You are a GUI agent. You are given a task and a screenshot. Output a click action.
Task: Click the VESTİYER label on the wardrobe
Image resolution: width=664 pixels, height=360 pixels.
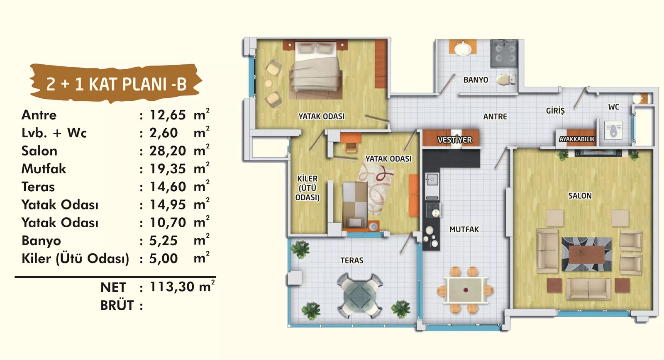click(455, 139)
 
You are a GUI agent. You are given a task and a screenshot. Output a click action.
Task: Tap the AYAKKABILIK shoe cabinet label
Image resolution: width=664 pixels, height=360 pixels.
click(577, 139)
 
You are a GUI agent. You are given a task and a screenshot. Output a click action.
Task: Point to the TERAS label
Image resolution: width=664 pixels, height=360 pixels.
click(352, 260)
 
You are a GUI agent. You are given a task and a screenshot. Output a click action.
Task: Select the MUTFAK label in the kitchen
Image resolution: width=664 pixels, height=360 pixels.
click(464, 229)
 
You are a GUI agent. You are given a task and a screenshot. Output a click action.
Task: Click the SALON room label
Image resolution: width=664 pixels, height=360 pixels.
click(580, 196)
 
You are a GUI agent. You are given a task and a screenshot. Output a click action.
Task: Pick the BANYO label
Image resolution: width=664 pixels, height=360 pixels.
click(476, 80)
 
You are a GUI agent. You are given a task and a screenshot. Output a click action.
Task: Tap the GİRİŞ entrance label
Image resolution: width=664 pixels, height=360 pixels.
click(555, 110)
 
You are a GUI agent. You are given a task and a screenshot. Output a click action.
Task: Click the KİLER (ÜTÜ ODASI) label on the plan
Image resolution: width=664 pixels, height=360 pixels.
click(308, 188)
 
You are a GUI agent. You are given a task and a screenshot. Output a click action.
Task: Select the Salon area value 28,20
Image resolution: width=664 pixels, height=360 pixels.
click(168, 151)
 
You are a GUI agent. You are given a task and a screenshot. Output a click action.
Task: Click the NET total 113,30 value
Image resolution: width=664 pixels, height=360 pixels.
click(172, 287)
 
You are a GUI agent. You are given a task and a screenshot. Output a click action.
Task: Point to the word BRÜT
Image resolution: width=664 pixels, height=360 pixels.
click(117, 306)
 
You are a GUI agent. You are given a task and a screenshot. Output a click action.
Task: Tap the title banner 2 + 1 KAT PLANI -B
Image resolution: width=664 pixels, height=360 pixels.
click(116, 84)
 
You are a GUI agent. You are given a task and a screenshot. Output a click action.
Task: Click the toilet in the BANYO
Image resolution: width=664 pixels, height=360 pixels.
click(506, 79)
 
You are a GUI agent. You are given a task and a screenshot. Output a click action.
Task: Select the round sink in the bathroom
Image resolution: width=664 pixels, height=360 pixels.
click(463, 48)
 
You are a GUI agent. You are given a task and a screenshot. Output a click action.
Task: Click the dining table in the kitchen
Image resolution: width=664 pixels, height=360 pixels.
click(465, 290)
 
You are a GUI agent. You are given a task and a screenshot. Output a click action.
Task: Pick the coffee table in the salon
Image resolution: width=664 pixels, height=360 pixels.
click(586, 255)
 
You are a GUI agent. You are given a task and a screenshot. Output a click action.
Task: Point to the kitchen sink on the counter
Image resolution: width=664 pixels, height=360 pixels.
click(432, 180)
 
